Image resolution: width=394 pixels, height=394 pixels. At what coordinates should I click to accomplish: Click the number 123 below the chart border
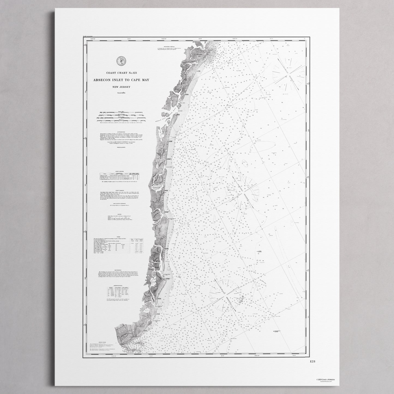(312, 361)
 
